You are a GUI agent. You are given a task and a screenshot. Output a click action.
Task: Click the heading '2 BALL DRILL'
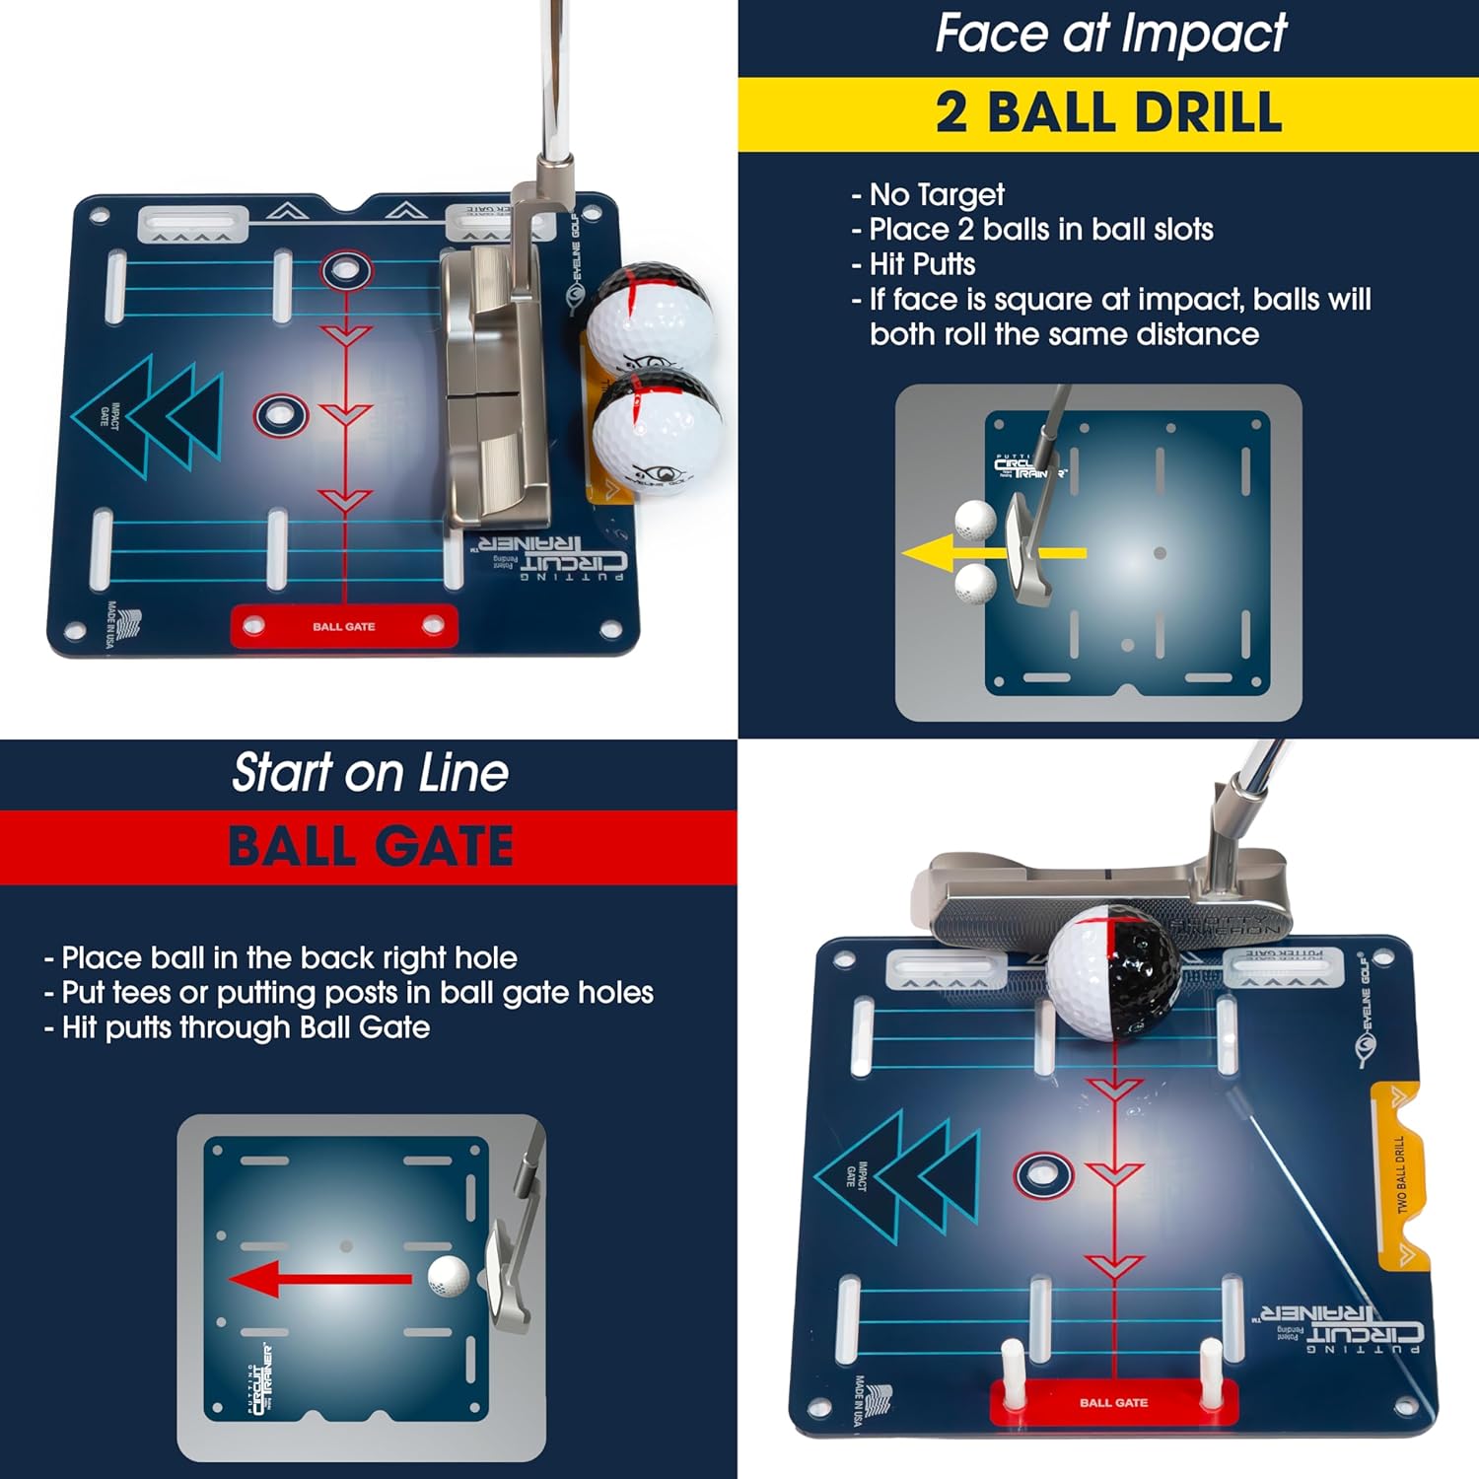coord(1108,112)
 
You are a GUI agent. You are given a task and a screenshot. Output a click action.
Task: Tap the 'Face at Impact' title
coord(1110,34)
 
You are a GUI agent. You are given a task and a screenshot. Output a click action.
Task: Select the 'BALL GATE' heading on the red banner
coord(370,847)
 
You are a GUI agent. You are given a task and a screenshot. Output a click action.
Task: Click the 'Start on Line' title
coord(370,772)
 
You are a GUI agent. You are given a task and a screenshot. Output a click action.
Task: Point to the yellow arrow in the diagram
coord(991,554)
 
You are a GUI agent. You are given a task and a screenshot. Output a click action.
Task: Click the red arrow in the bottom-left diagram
coord(320,1280)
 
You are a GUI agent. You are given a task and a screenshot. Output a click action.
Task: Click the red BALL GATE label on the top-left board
coord(343,627)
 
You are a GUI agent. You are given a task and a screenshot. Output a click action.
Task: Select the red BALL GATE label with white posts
coord(1113,1403)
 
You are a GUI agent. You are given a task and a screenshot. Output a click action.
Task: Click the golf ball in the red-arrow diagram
coord(448,1277)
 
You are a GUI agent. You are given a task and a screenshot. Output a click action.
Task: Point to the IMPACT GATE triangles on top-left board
coord(148,416)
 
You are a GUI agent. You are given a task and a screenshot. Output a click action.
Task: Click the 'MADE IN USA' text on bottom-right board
coord(860,1400)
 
